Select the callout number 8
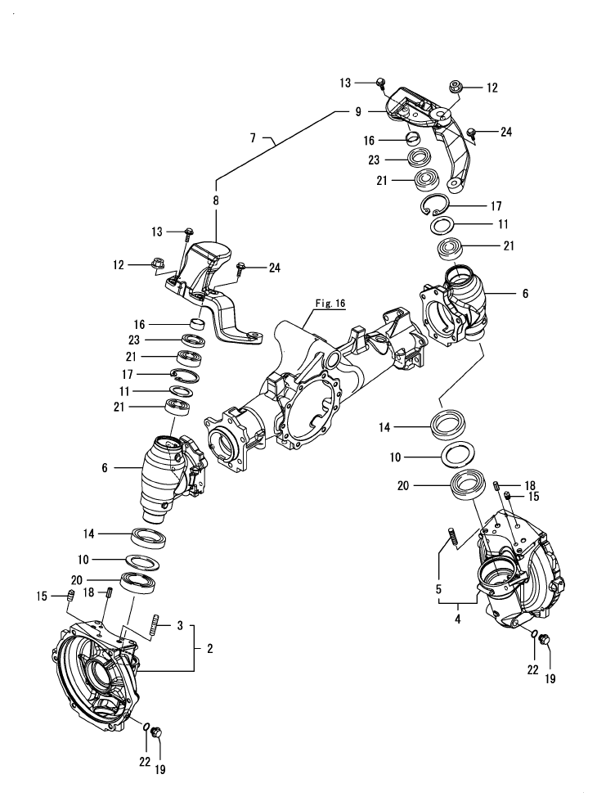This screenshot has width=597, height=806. pyautogui.click(x=216, y=200)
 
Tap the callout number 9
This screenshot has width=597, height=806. pyautogui.click(x=357, y=113)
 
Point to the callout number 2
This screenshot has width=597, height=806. pyautogui.click(x=210, y=648)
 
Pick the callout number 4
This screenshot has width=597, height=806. pyautogui.click(x=458, y=619)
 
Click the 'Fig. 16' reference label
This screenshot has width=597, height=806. pyautogui.click(x=330, y=303)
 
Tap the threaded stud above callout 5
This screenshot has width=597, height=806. pyautogui.click(x=451, y=541)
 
